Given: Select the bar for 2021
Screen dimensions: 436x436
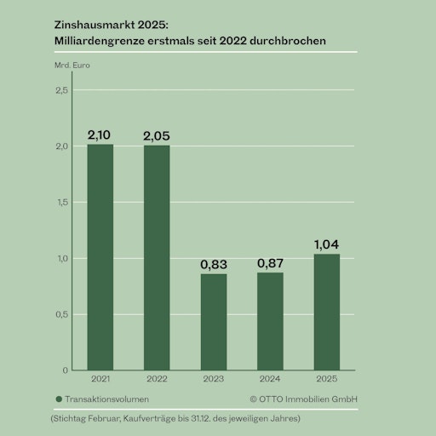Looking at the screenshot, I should (x=100, y=257).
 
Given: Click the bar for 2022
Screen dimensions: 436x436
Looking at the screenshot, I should (x=157, y=257).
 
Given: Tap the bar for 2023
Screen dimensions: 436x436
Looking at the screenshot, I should (x=214, y=322).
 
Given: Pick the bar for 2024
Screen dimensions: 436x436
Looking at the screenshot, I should (x=270, y=321).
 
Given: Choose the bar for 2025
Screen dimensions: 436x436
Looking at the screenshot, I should (x=326, y=312).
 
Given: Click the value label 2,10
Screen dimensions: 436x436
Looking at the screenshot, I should (x=100, y=135).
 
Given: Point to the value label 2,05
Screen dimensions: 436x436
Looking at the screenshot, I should (x=157, y=135).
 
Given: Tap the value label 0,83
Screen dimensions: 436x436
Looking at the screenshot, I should (x=214, y=264).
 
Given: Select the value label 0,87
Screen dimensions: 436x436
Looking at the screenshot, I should (x=270, y=263).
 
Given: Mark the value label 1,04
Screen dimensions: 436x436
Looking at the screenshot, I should (x=326, y=244).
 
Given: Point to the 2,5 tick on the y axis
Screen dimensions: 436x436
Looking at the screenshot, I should (x=62, y=90).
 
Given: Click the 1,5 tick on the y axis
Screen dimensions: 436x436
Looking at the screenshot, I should (x=62, y=202).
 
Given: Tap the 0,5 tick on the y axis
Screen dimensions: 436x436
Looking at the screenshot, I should (x=62, y=314).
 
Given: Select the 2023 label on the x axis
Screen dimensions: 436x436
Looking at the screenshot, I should (x=214, y=378).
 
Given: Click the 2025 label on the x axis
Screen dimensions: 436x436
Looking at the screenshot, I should (x=326, y=378).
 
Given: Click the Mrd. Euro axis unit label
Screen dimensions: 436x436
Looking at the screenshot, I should (x=72, y=65).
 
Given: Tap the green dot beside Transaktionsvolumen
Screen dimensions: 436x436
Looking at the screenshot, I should (x=58, y=398).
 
